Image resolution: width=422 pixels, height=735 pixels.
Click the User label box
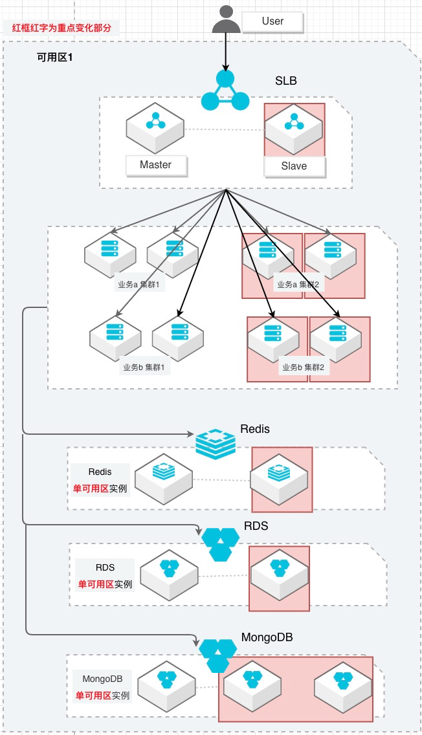pos(272,21)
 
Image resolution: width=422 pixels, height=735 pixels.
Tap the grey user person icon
pos(226,19)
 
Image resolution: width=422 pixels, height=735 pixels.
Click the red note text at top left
pos(61,28)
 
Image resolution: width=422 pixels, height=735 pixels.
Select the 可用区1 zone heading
pos(55,58)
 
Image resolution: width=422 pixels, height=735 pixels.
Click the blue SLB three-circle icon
pos(225,91)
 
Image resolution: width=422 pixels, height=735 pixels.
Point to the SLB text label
pos(287,82)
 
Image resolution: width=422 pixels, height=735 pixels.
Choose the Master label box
pos(155,165)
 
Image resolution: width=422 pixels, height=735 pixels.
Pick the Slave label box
pos(294,166)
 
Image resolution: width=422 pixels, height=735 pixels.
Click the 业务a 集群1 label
pos(138,285)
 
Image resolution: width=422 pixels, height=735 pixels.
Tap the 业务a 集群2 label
pos(298,285)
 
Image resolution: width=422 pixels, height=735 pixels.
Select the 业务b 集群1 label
pos(144,367)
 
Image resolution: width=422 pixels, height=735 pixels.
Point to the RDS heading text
pos(256,526)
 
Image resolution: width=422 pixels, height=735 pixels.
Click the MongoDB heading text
pos(267,637)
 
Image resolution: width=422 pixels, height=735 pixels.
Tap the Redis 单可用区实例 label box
pos(100,479)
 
